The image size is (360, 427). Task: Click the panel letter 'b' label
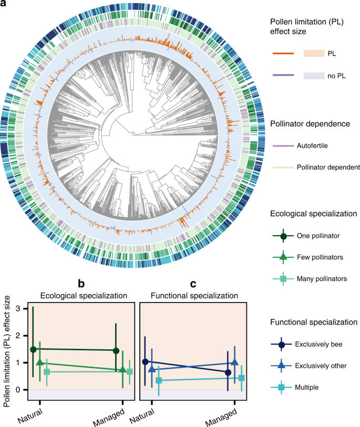(x=81, y=284)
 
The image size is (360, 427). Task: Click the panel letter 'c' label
(x=193, y=284)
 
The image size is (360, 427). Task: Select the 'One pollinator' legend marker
(x=284, y=236)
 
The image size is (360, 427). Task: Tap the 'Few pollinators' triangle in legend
(x=284, y=257)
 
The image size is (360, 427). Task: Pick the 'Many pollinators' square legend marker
(x=284, y=279)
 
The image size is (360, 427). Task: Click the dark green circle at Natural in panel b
(x=33, y=349)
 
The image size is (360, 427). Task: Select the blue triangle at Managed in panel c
(x=234, y=363)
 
